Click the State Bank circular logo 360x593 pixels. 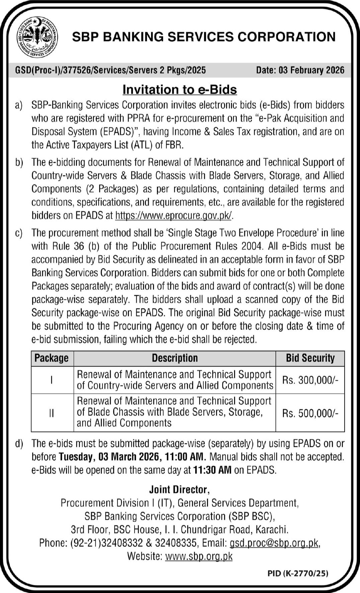(x=37, y=37)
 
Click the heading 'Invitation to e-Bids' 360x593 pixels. (x=180, y=89)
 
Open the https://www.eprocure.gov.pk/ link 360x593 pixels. (x=173, y=215)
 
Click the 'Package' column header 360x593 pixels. (x=52, y=358)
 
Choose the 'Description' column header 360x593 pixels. (x=175, y=358)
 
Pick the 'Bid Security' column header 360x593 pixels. (x=310, y=358)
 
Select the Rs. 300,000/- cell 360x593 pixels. (x=310, y=380)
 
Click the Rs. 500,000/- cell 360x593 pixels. (x=310, y=413)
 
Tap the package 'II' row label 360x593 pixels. (x=52, y=413)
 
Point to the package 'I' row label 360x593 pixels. (x=52, y=380)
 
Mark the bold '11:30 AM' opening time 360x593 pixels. (x=212, y=470)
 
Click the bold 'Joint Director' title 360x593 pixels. (x=179, y=490)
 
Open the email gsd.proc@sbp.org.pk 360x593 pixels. (x=274, y=543)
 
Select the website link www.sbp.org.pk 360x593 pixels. (x=199, y=556)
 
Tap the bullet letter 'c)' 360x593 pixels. (x=19, y=233)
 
